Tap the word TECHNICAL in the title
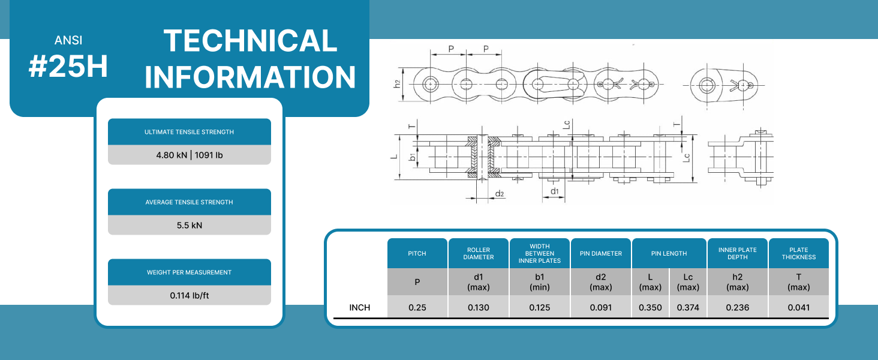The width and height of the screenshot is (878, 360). (x=250, y=41)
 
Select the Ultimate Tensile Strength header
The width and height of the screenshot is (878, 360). (x=189, y=132)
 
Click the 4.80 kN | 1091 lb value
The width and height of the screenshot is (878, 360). (x=189, y=155)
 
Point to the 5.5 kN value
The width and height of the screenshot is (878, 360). (x=189, y=225)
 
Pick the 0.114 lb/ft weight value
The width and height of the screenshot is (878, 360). (x=189, y=295)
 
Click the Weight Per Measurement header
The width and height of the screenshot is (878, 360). (x=189, y=272)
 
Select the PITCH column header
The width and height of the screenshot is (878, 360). (x=417, y=253)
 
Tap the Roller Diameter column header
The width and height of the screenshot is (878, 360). (x=479, y=253)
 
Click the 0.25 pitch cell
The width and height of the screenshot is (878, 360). (x=417, y=307)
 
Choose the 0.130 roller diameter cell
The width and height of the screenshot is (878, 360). (x=479, y=307)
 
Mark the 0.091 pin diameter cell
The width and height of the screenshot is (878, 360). (x=601, y=307)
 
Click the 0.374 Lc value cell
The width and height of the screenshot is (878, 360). (x=688, y=307)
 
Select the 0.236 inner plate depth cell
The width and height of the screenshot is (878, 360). (x=738, y=307)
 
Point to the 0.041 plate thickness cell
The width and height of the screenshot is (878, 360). (x=799, y=307)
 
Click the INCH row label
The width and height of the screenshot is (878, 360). (x=360, y=307)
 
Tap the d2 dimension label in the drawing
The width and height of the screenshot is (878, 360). (x=499, y=194)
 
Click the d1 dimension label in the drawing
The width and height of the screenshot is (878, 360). (x=555, y=191)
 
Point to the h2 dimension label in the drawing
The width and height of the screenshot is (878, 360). (x=397, y=83)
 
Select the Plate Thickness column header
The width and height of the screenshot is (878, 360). (x=799, y=253)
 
